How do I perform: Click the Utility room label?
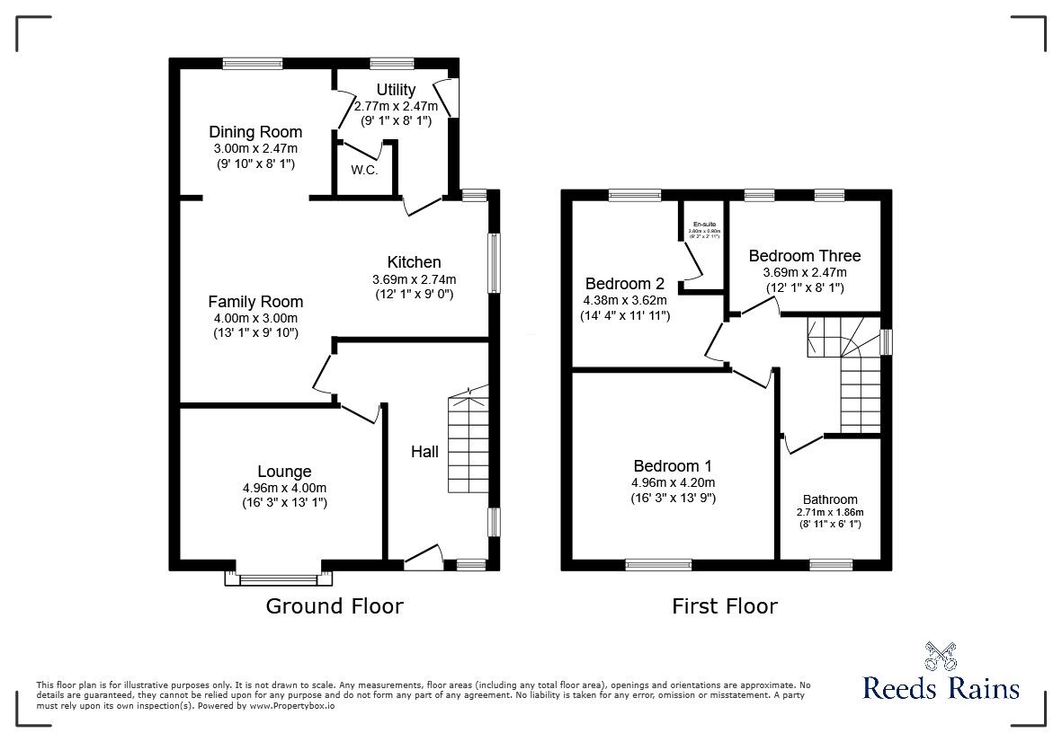point(396,90)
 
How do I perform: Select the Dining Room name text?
point(255,132)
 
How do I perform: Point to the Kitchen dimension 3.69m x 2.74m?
point(415,278)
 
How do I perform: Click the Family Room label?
point(255,302)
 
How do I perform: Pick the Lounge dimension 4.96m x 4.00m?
point(284,488)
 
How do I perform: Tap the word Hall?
point(425,451)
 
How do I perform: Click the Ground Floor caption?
point(335,606)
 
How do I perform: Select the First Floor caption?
point(725,606)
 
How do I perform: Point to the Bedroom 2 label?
point(625,283)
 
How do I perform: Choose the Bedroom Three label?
point(805,256)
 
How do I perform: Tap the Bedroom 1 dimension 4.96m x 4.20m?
point(673,482)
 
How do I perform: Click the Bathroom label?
point(830,499)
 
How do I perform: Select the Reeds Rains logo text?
point(941,689)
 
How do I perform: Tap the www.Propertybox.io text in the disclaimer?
point(292,706)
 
